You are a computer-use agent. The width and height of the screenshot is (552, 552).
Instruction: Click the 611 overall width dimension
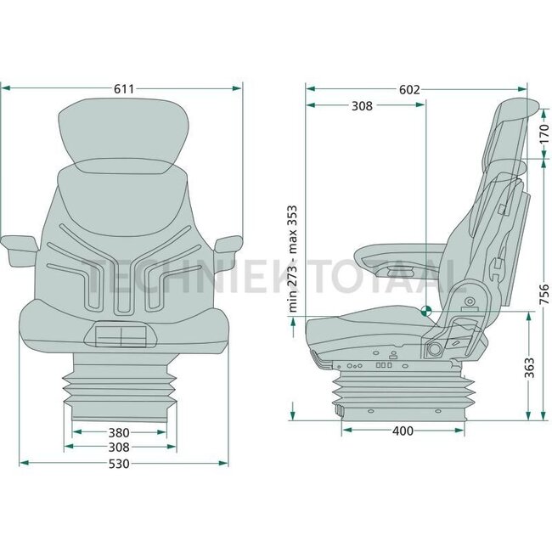[x=121, y=87]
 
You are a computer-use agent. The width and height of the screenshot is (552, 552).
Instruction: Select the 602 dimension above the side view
[x=410, y=88]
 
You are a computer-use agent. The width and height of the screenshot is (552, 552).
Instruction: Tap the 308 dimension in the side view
[x=362, y=106]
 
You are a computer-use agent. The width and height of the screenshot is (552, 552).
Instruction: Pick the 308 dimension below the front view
[x=119, y=447]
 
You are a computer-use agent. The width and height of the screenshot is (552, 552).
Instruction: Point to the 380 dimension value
[x=119, y=431]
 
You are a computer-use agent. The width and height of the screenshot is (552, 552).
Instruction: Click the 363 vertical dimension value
[x=529, y=367]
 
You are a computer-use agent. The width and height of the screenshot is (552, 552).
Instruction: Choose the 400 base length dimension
[x=403, y=431]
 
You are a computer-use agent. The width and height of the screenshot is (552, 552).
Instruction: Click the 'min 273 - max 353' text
[x=293, y=259]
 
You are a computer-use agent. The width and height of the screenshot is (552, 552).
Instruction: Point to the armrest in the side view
[x=399, y=255]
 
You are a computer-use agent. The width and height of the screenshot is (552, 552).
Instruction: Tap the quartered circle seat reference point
[x=425, y=312]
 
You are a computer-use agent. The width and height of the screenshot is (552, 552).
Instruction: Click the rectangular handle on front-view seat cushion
[x=121, y=337]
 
